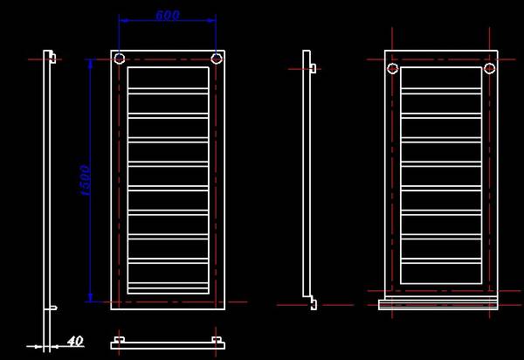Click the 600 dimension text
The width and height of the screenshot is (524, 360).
(x=168, y=15)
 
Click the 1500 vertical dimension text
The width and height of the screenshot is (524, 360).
(x=86, y=181)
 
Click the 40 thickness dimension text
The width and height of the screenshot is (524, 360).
(x=75, y=342)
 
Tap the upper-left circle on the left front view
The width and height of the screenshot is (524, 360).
(x=120, y=59)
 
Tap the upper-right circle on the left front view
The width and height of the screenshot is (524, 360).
(x=217, y=59)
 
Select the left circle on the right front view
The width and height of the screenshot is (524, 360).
(x=393, y=68)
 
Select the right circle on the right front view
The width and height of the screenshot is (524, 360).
(x=490, y=68)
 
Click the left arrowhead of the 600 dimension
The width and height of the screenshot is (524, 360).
(x=124, y=20)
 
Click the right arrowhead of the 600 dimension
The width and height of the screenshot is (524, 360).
(x=211, y=20)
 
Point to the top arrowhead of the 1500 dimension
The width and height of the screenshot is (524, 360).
(x=90, y=64)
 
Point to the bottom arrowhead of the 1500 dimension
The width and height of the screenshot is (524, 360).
(x=90, y=297)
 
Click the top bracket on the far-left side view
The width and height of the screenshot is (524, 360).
(x=52, y=58)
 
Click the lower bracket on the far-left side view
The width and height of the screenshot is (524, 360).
(x=53, y=308)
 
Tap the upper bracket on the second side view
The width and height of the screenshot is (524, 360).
(x=314, y=68)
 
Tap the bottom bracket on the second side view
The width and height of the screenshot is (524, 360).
(x=314, y=303)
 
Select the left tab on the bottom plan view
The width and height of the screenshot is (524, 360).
(x=120, y=340)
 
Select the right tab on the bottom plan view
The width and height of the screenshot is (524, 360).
(x=217, y=340)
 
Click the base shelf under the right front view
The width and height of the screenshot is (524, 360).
(x=438, y=304)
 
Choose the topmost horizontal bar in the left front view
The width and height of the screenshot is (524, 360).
(x=168, y=91)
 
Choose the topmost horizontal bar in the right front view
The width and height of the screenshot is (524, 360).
(x=441, y=91)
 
